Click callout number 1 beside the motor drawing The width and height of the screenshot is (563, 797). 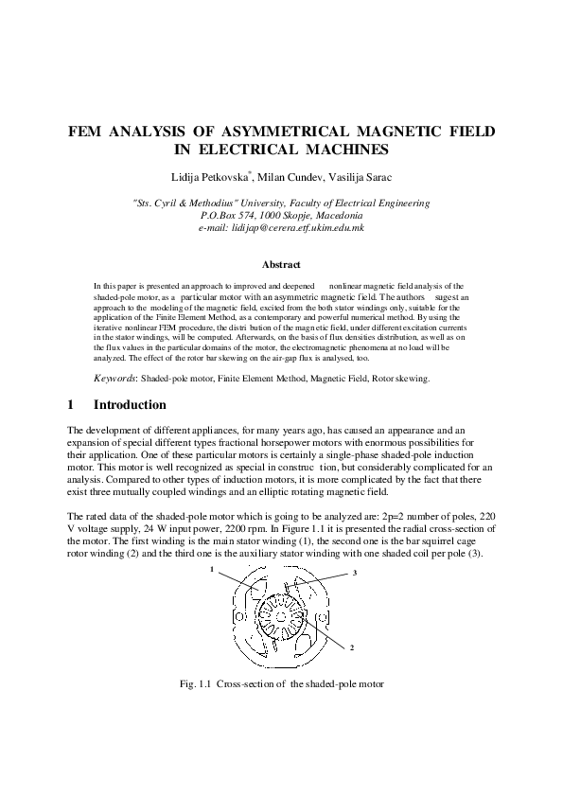coord(213,571)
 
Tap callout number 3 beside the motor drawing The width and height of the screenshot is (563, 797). coord(353,573)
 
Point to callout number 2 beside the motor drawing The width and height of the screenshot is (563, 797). coord(351,647)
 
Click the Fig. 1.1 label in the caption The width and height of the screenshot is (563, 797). coord(194,682)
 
